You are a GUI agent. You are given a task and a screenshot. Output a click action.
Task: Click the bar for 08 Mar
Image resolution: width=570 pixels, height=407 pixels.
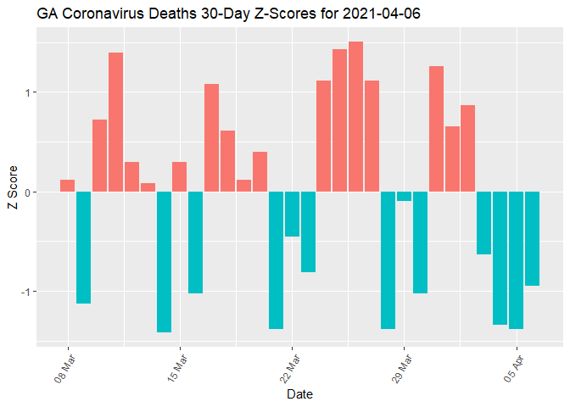68,186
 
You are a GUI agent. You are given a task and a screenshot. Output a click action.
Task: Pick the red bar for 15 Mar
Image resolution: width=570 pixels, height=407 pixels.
180,176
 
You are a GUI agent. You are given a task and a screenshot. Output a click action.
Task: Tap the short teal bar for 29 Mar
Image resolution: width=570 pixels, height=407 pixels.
404,196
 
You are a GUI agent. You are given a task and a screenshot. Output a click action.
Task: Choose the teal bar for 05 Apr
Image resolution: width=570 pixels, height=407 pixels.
516,259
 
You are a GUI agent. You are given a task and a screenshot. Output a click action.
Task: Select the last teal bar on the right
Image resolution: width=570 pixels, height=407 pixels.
532,238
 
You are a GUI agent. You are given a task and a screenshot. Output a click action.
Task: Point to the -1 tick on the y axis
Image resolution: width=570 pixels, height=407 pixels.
24,292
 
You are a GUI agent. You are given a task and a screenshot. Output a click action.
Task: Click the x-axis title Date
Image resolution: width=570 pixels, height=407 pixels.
299,394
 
